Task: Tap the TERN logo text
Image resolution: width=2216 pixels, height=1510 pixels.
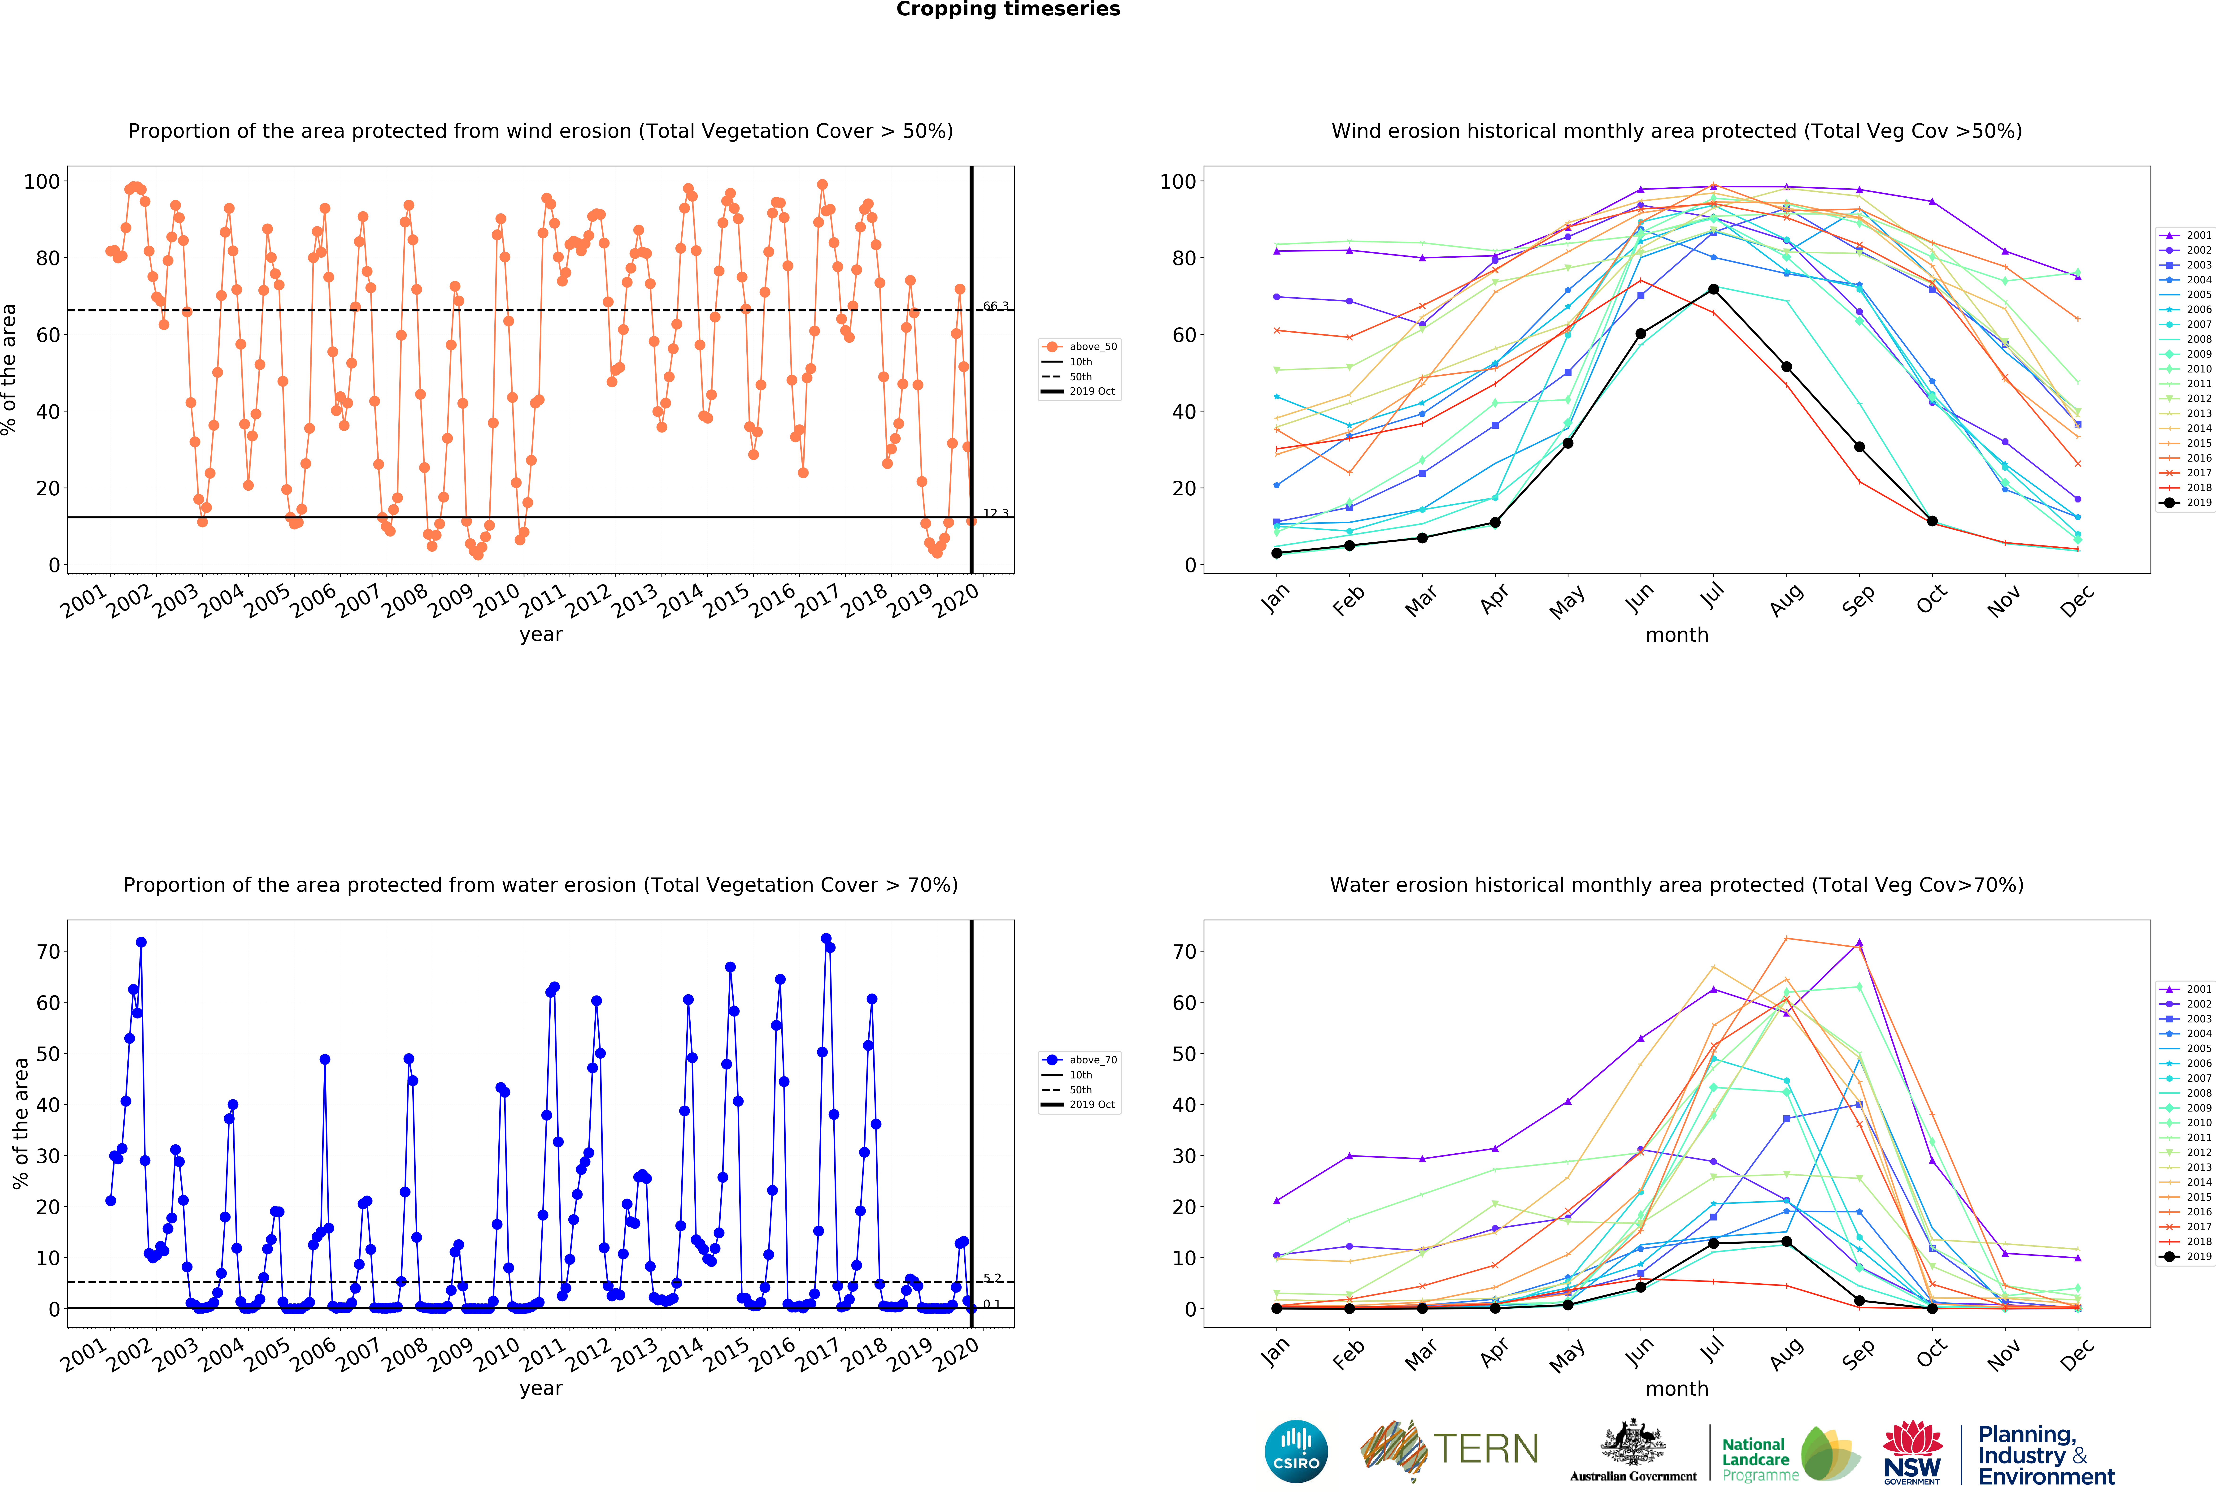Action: click(1486, 1449)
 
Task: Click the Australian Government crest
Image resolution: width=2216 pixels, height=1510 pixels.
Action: click(1633, 1444)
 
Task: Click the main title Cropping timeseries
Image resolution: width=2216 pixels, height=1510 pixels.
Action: click(1008, 9)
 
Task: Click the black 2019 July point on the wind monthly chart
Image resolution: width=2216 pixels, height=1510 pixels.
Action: click(1714, 289)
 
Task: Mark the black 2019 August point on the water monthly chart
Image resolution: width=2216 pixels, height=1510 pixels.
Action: click(1786, 1241)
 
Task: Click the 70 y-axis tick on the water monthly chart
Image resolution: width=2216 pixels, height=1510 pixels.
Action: click(1183, 951)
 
